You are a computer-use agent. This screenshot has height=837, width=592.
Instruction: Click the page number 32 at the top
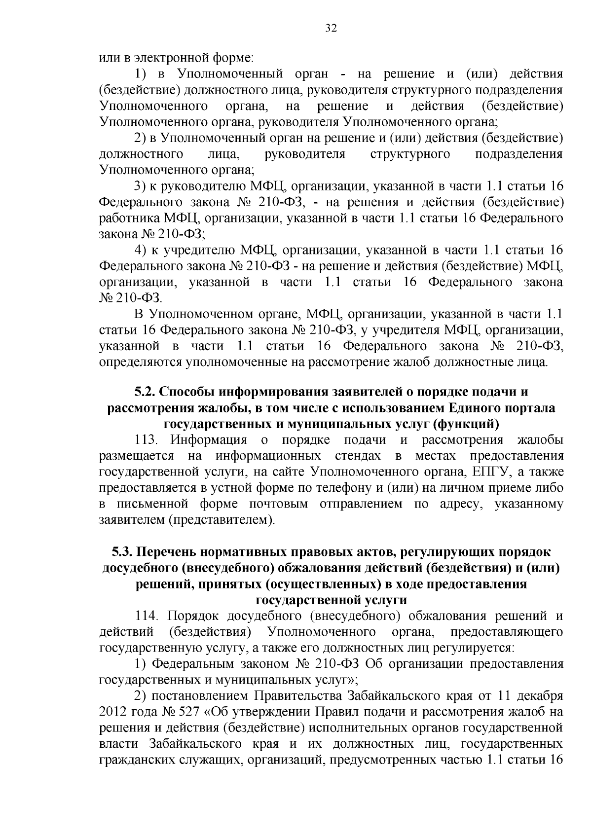pyautogui.click(x=331, y=28)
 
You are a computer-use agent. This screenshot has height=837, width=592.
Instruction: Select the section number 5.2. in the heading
pyautogui.click(x=145, y=393)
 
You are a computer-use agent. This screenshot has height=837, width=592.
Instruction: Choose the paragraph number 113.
pyautogui.click(x=147, y=440)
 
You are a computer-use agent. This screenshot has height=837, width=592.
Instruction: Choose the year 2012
pyautogui.click(x=113, y=712)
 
